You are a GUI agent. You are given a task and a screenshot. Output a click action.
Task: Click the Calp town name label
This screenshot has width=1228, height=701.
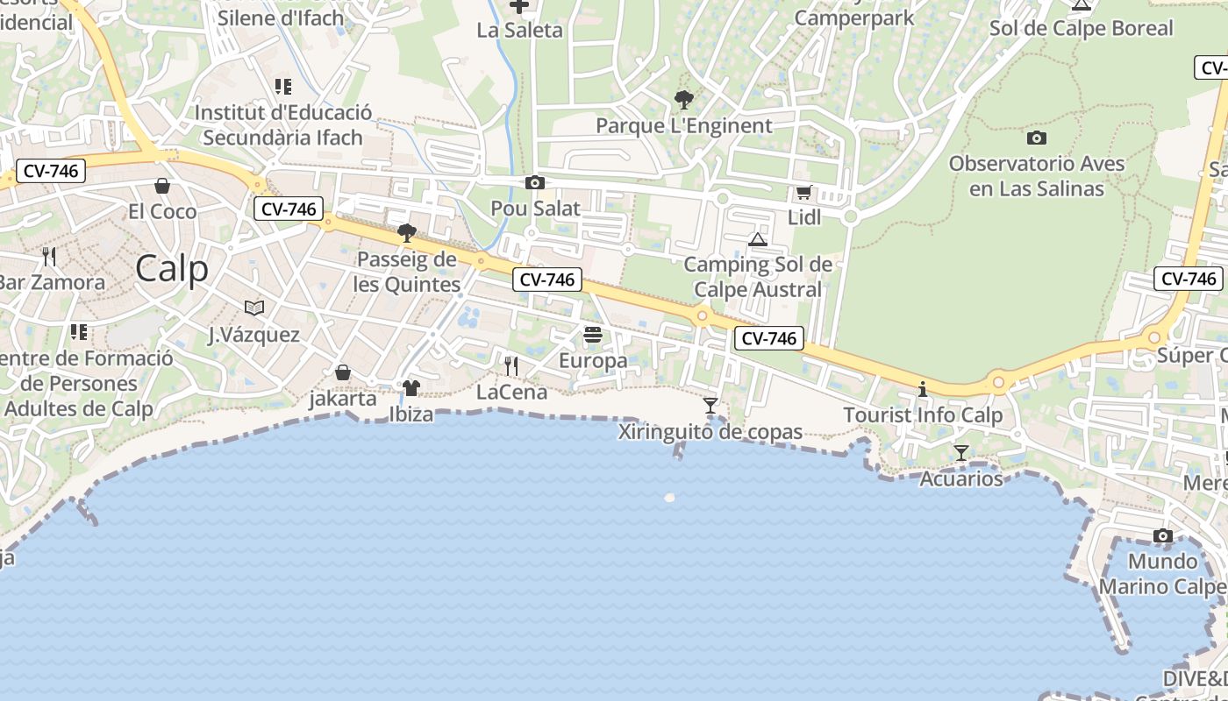172,269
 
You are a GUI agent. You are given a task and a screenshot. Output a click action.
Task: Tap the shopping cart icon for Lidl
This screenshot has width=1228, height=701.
803,193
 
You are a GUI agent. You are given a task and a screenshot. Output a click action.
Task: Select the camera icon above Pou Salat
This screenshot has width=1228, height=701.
534,183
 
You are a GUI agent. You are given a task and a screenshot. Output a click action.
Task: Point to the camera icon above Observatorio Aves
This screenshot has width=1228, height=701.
1036,138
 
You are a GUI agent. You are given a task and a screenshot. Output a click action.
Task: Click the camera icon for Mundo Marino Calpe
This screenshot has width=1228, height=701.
1163,536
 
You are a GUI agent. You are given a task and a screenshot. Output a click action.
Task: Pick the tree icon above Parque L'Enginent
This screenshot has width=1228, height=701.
683,100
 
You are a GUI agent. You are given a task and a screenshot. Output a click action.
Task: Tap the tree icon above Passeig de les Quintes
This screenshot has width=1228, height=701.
406,233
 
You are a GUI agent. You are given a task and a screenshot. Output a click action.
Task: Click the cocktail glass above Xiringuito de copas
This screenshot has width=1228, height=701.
710,406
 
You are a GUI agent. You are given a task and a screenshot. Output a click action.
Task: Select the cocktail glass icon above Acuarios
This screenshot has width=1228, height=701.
961,453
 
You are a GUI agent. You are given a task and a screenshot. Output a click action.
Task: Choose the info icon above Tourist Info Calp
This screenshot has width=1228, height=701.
923,389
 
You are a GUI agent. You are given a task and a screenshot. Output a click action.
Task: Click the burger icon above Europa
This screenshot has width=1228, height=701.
593,335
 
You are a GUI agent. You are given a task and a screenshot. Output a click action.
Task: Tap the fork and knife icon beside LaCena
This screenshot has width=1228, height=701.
511,365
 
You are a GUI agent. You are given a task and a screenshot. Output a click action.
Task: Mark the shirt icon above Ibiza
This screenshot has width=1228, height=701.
411,387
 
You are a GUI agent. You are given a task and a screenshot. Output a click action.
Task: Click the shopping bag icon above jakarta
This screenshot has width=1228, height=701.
343,373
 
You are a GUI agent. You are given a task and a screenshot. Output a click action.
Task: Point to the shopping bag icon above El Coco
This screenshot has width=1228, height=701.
162,186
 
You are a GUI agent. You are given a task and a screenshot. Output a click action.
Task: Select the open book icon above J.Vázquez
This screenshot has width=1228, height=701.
254,308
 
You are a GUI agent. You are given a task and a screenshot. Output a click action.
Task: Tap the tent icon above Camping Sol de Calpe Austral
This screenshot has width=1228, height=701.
758,239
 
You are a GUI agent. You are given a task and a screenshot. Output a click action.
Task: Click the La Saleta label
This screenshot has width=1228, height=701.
519,31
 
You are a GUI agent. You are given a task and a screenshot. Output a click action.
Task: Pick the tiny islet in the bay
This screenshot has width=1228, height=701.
670,498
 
